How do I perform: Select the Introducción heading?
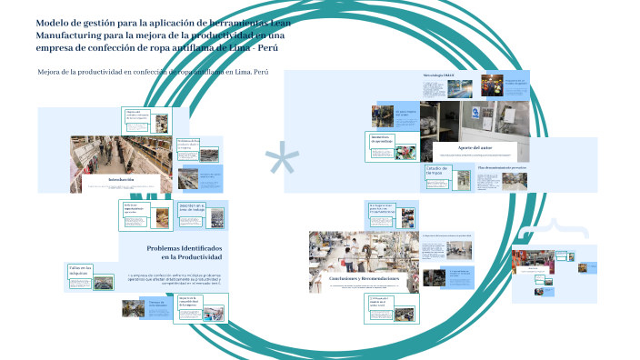[121, 180]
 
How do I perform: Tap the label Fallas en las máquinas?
[80, 270]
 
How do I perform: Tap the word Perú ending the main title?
[285, 47]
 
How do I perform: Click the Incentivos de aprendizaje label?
[382, 140]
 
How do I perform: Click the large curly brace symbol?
[562, 227]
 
